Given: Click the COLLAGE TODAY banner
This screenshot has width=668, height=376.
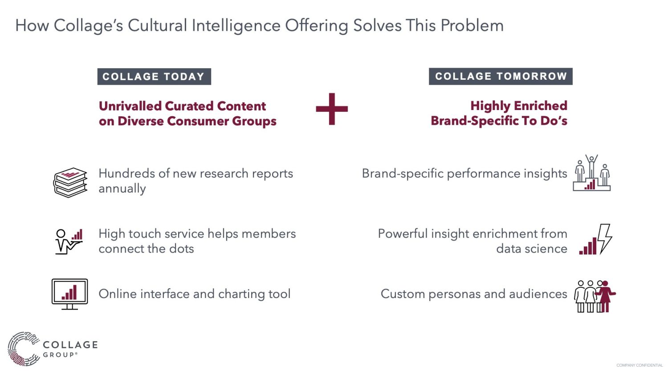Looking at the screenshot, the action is [154, 77].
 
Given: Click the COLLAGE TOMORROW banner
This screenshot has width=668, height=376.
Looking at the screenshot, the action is [501, 76].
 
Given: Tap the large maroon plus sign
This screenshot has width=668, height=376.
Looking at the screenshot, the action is [332, 109].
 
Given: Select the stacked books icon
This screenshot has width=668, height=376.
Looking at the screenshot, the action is [70, 182].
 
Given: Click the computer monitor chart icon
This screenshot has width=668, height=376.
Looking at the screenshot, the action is [70, 294].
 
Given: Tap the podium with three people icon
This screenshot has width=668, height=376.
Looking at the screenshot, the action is [592, 173].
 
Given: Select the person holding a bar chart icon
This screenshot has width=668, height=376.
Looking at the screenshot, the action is [69, 241].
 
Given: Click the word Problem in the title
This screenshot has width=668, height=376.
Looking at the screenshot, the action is [472, 25].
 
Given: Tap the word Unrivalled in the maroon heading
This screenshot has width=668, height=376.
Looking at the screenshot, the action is [130, 106].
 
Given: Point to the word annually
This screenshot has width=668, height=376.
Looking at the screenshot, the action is [122, 189].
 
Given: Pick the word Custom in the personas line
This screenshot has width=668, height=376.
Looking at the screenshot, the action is [403, 294].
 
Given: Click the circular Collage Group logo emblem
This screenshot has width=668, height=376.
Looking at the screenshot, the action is [24, 349].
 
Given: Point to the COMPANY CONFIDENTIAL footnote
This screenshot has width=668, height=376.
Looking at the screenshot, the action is [639, 365].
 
